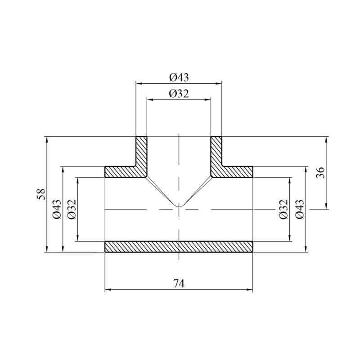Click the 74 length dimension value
coord(179,283)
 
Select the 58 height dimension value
coord(42,194)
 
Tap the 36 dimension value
coord(320,173)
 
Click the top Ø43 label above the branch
coord(179,77)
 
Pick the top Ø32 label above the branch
coord(179,94)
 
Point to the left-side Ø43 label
coord(57,209)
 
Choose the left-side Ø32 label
coord(72,209)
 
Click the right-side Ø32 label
coord(283,209)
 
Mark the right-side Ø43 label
coord(300,209)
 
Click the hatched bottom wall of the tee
coord(179,247)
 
